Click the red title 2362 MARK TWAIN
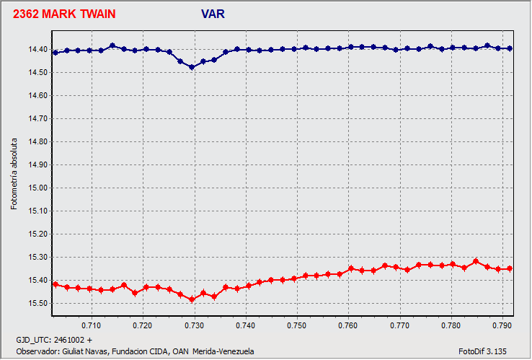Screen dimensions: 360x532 pos(64,14)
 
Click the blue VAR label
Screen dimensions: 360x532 pos(214,14)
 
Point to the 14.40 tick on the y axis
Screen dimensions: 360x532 pos(37,50)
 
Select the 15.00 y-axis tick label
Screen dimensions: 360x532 pos(37,188)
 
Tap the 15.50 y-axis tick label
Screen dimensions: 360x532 pos(37,304)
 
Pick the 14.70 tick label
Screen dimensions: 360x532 pos(37,119)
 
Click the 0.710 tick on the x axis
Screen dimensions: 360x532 pos(91,325)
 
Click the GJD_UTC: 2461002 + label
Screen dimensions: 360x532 pos(54,339)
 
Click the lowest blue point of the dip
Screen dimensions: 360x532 pos(192,67)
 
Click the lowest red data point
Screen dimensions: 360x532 pos(192,299)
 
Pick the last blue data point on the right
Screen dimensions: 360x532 pos(510,48)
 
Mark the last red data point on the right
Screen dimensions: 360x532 pos(510,268)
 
